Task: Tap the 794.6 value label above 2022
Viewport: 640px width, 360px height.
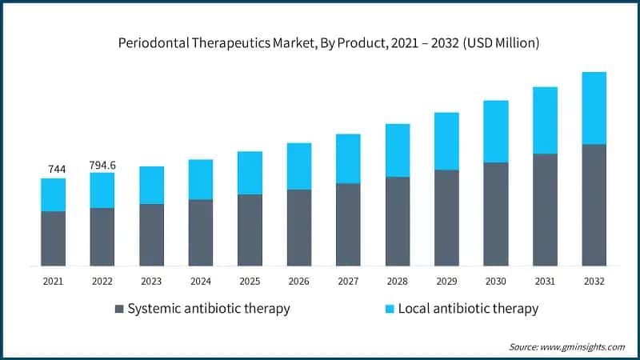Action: pyautogui.click(x=102, y=165)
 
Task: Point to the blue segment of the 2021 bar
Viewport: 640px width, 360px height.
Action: pyautogui.click(x=53, y=194)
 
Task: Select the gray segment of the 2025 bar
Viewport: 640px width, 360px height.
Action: pyautogui.click(x=250, y=230)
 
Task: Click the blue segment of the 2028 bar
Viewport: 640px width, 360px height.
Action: pyautogui.click(x=398, y=150)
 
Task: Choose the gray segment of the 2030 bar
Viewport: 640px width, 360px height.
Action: pyautogui.click(x=496, y=214)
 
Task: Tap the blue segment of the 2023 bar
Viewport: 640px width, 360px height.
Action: pyautogui.click(x=151, y=185)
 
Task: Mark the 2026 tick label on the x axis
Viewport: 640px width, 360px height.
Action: pyautogui.click(x=299, y=282)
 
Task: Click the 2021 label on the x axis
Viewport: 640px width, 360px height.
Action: pyautogui.click(x=53, y=282)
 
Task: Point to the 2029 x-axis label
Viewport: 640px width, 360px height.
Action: pyautogui.click(x=446, y=282)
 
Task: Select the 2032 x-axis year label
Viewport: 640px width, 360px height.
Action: pyautogui.click(x=594, y=282)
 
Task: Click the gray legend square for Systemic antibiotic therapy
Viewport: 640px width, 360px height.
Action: pyautogui.click(x=119, y=309)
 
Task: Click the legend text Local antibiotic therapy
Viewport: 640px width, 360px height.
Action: pyautogui.click(x=468, y=309)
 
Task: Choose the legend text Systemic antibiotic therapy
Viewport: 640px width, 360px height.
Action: pyautogui.click(x=209, y=309)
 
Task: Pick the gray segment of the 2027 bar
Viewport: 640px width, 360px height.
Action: pyautogui.click(x=348, y=224)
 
